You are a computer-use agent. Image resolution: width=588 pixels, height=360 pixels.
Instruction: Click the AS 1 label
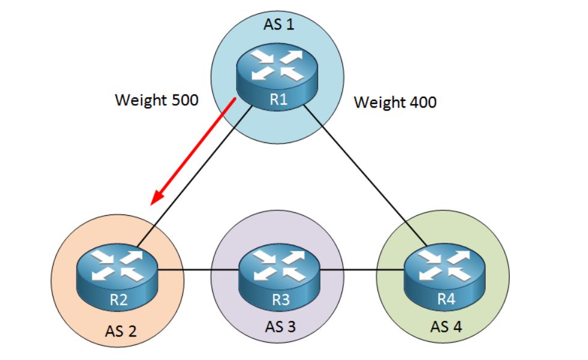[280, 25]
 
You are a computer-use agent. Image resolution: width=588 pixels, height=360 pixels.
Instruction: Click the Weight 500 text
[156, 100]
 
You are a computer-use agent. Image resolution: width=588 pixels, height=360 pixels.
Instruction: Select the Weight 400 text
[395, 102]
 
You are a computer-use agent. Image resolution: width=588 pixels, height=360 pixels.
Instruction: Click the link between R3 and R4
[361, 270]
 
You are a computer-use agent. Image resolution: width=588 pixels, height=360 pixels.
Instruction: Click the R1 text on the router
[278, 100]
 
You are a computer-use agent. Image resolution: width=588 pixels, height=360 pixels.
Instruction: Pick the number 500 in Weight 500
[182, 100]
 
